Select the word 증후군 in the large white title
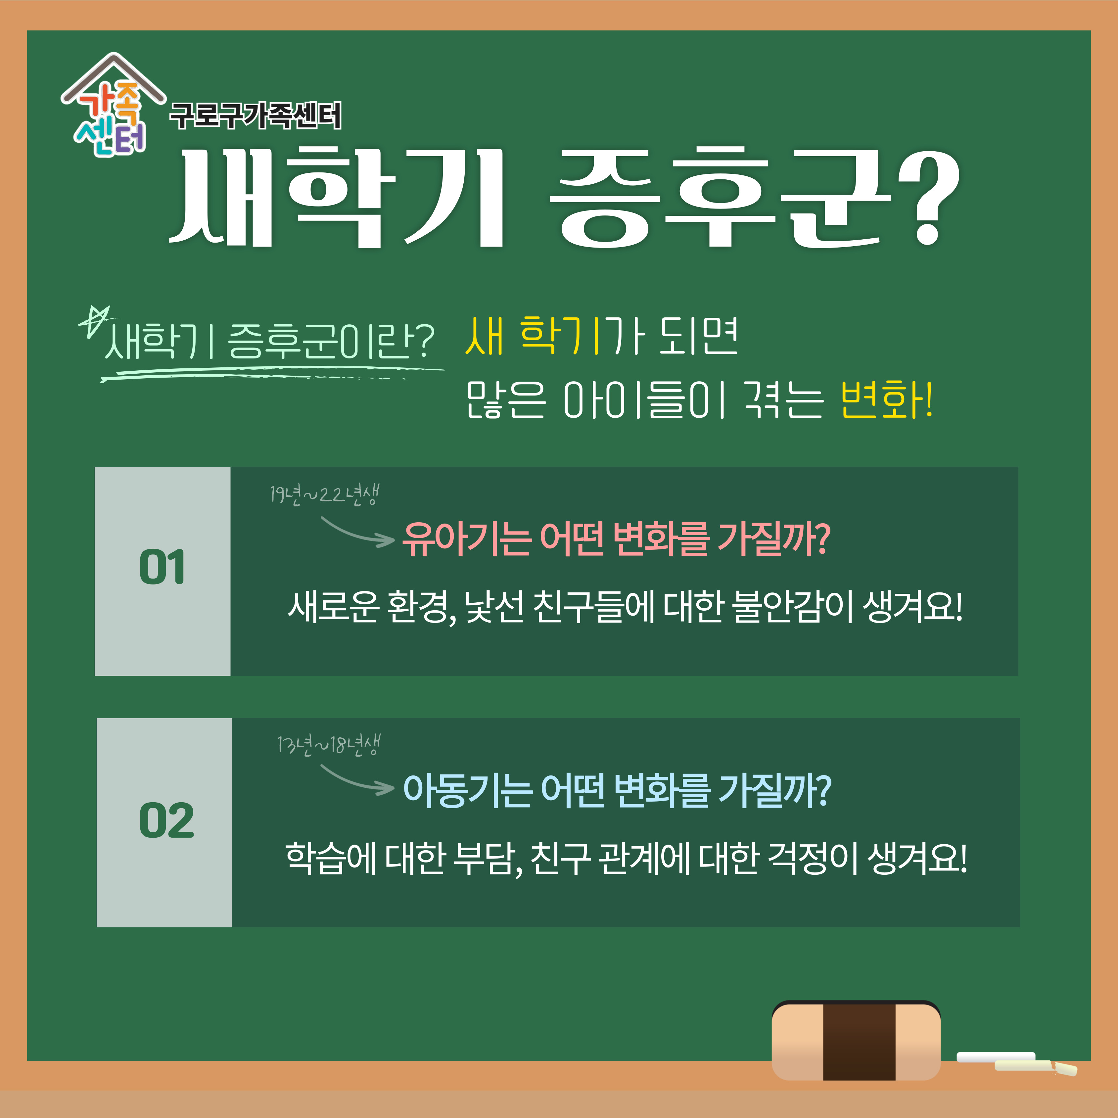pyautogui.click(x=721, y=197)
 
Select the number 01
pyautogui.click(x=162, y=567)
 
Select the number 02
pyautogui.click(x=167, y=820)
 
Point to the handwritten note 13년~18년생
pyautogui.click(x=328, y=745)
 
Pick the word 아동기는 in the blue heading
pyautogui.click(x=468, y=790)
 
